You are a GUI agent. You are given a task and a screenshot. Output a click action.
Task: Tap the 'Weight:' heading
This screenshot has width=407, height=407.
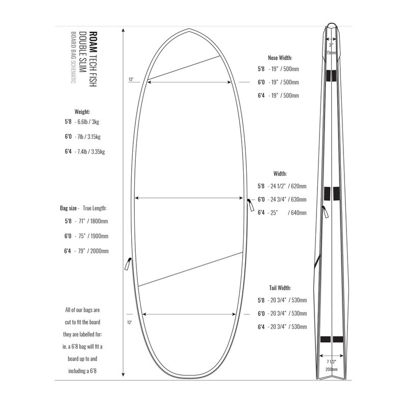tap(82, 112)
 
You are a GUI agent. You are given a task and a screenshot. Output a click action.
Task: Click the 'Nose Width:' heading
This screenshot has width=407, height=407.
tap(280, 57)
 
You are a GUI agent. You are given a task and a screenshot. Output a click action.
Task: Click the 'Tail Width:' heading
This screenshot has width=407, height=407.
tap(280, 288)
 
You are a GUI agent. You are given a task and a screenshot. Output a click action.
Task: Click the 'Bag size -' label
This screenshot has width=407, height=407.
tap(70, 208)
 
